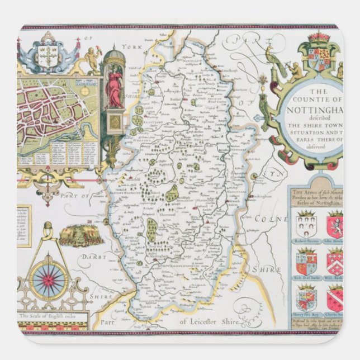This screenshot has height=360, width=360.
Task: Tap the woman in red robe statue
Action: pos(114,87)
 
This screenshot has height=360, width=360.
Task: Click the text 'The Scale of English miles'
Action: pos(48,316)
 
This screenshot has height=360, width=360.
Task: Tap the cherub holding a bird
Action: pos(91,58)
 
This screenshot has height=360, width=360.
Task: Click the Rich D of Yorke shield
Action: pos(306,262)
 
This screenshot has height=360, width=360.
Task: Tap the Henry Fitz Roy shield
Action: pos(306,299)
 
